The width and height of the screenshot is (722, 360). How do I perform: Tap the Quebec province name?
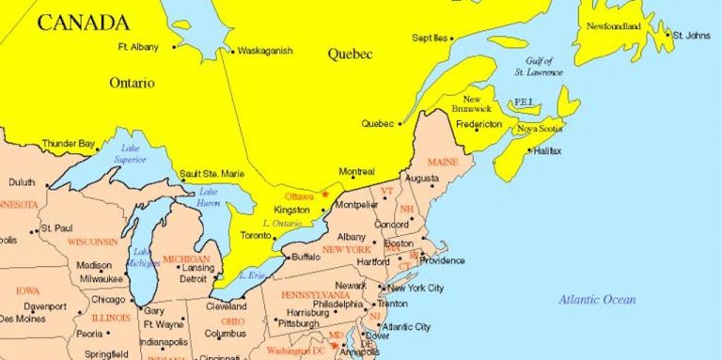[350, 55]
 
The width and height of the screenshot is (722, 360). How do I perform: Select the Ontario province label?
[132, 83]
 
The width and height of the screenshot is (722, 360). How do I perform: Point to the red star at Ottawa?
[325, 194]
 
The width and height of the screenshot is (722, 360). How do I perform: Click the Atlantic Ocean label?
[597, 300]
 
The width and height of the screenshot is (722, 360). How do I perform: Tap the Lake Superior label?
[130, 151]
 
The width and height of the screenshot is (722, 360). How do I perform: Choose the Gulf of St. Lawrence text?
[539, 66]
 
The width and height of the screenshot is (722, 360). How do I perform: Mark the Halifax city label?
[549, 150]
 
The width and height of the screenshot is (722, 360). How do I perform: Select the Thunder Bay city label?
[69, 144]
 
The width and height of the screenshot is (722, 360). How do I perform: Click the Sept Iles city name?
[430, 38]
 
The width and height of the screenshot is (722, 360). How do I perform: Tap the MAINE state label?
[443, 162]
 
